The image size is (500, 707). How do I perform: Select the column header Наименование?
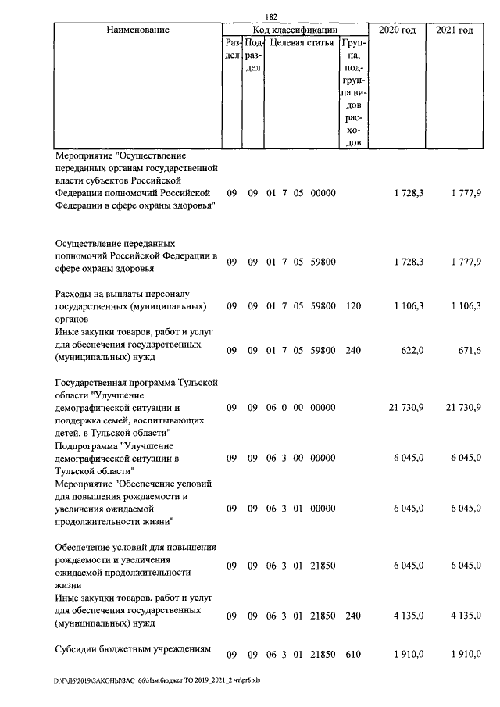pos(137,30)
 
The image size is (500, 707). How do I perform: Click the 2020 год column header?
pos(396,30)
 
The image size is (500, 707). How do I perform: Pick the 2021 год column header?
pos(454,30)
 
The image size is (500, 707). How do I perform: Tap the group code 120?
pos(353,306)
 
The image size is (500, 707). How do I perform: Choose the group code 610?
pos(353,653)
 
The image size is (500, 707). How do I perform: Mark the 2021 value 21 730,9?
pos(460,408)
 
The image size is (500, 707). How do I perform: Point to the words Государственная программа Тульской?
pos(136,382)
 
